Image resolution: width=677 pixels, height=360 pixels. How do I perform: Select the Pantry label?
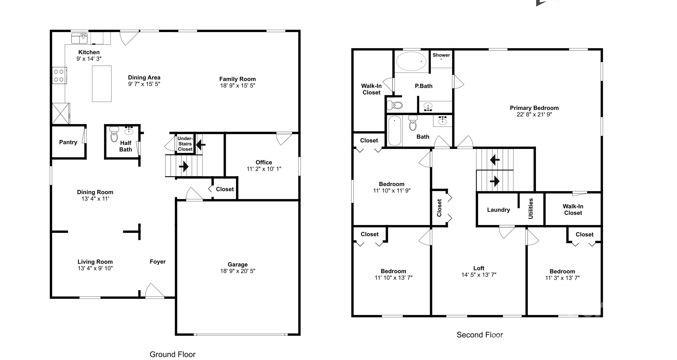pyautogui.click(x=68, y=142)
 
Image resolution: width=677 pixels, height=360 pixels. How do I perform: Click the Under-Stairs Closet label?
pyautogui.click(x=185, y=144)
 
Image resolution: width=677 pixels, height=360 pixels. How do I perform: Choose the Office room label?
pyautogui.click(x=264, y=162)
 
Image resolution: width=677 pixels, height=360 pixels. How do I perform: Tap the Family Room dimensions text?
pyautogui.click(x=239, y=85)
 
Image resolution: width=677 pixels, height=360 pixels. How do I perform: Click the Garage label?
pyautogui.click(x=237, y=265)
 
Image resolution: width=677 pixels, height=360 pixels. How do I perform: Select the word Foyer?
pyautogui.click(x=158, y=262)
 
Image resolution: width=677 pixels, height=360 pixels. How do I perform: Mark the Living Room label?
pyautogui.click(x=95, y=262)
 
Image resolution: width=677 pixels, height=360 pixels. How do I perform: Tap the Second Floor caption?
pyautogui.click(x=479, y=335)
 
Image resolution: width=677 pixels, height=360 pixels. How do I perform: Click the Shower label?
pyautogui.click(x=441, y=55)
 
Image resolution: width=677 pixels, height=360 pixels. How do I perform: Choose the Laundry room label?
pyautogui.click(x=498, y=210)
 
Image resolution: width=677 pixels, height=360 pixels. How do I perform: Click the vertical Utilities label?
pyautogui.click(x=530, y=209)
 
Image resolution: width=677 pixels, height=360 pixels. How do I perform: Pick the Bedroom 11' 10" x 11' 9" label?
pyautogui.click(x=391, y=184)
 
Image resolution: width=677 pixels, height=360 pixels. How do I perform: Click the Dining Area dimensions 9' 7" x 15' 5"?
pyautogui.click(x=146, y=85)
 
